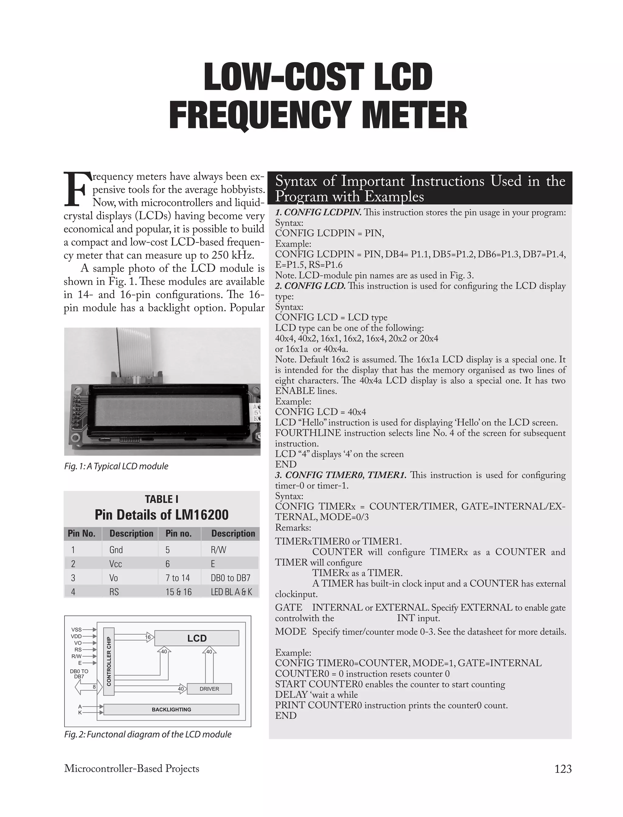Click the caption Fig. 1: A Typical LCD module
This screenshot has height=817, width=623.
coord(116,466)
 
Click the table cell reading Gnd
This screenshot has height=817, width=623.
coord(116,549)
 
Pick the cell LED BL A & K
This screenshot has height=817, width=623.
coord(231,592)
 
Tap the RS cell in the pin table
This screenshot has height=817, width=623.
coord(114,592)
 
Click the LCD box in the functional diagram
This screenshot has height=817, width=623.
coord(197,638)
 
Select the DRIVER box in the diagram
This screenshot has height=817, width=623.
coord(209,689)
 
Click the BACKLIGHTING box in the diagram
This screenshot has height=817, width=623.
coord(171,710)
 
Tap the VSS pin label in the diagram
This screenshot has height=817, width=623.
coord(76,629)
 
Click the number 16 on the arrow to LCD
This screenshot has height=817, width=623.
coord(148,637)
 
